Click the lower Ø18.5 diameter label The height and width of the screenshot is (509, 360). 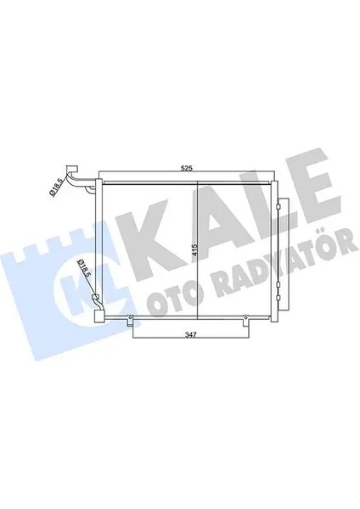82,269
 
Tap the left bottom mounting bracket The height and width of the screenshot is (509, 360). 129,320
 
